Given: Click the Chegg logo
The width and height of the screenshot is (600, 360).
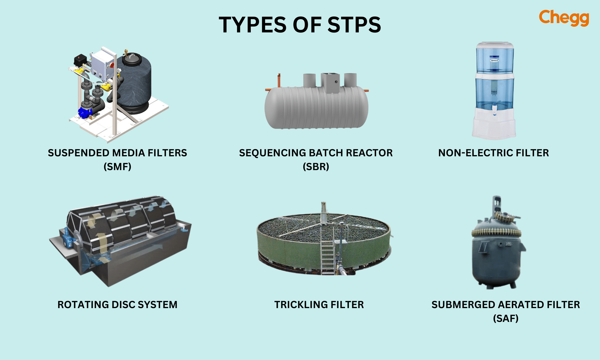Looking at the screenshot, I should pos(564,18).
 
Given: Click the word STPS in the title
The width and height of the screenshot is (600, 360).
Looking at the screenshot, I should pos(354,25).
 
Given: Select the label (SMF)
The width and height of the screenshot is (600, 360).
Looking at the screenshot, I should pos(117,166).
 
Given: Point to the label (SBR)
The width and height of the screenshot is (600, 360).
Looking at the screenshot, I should pos(316,166).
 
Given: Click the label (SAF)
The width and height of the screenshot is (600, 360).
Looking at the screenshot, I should pos(505,318).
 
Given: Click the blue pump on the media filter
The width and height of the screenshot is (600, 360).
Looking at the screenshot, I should pos(85,112).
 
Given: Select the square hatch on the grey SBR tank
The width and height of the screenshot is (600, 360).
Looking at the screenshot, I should pos(330,82).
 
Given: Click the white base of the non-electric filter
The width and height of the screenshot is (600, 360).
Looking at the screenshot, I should pos(494,126).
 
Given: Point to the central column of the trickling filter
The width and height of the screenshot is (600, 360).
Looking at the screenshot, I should pos(323,213).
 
